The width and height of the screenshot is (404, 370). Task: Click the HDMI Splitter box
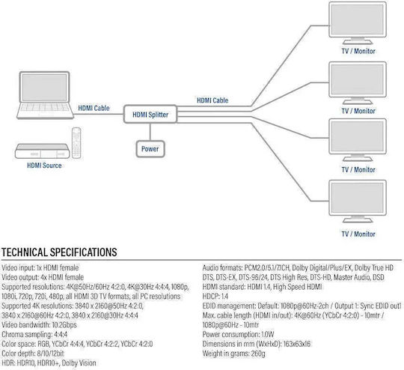[150, 114]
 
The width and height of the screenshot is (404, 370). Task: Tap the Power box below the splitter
[150, 149]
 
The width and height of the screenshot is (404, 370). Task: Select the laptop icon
[45, 95]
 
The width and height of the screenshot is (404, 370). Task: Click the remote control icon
[76, 143]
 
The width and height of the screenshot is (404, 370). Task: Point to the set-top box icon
[42, 151]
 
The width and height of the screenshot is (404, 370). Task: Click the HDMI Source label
[44, 166]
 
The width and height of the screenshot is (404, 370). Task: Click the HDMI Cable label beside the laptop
[94, 108]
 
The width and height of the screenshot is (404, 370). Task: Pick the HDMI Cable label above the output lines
[212, 100]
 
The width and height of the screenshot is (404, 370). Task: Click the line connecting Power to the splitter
[150, 132]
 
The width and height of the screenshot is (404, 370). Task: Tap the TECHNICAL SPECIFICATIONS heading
[59, 252]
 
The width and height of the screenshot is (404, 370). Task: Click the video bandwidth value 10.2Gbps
[64, 325]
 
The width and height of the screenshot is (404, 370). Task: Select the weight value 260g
[258, 354]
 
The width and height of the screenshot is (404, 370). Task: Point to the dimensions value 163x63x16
[297, 344]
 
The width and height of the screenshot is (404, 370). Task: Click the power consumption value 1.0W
[267, 334]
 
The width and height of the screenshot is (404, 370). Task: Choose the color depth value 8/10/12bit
[51, 354]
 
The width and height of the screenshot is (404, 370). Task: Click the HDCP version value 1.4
[224, 296]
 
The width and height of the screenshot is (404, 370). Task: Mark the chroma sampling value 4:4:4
[61, 334]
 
